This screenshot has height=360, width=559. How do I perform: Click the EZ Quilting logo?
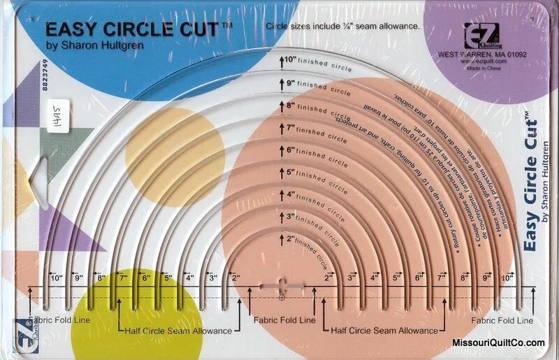click(x=477, y=34)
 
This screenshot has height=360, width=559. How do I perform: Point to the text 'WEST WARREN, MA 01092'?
click(x=482, y=53)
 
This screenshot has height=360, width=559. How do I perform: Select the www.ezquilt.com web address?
click(x=483, y=61)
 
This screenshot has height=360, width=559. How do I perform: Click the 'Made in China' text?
click(x=483, y=69)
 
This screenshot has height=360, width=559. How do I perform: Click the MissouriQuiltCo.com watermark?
click(x=498, y=343)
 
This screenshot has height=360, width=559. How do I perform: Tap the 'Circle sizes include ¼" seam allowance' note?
click(x=342, y=26)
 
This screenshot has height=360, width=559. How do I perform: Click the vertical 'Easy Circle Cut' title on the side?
click(x=530, y=182)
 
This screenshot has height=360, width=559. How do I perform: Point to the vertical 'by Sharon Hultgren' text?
click(x=546, y=181)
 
